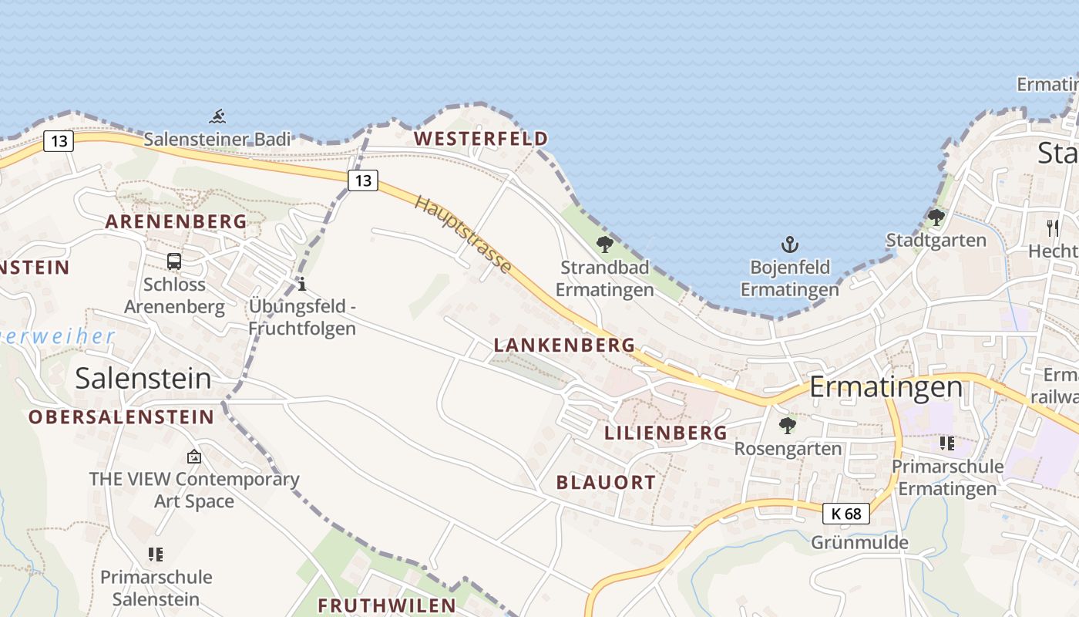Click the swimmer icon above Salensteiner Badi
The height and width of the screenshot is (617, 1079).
click(x=217, y=117)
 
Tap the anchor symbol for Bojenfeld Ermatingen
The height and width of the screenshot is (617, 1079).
click(x=789, y=245)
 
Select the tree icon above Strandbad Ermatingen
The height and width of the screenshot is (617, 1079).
click(x=605, y=244)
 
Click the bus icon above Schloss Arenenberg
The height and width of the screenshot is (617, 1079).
click(x=174, y=261)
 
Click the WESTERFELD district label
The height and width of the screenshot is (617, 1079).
click(x=481, y=139)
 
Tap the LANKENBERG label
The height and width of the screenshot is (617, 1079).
click(x=564, y=345)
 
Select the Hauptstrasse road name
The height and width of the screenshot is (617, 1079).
click(x=463, y=234)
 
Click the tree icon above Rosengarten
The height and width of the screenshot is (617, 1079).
click(x=787, y=425)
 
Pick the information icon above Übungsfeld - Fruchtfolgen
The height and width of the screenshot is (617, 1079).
click(x=302, y=284)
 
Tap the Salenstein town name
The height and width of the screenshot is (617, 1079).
click(x=143, y=378)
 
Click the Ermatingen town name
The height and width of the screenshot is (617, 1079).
click(x=886, y=386)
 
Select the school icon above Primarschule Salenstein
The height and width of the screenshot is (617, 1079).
click(x=156, y=554)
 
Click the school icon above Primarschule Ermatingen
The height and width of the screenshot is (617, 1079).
click(x=946, y=443)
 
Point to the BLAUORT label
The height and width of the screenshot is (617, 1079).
click(x=606, y=483)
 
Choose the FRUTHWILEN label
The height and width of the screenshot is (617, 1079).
click(x=387, y=605)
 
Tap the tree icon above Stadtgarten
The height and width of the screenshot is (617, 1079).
click(x=936, y=217)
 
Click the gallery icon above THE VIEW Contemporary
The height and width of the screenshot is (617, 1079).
click(x=193, y=457)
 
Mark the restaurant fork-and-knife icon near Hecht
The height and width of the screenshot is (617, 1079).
click(x=1053, y=228)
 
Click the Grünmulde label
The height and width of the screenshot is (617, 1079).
click(x=859, y=542)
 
